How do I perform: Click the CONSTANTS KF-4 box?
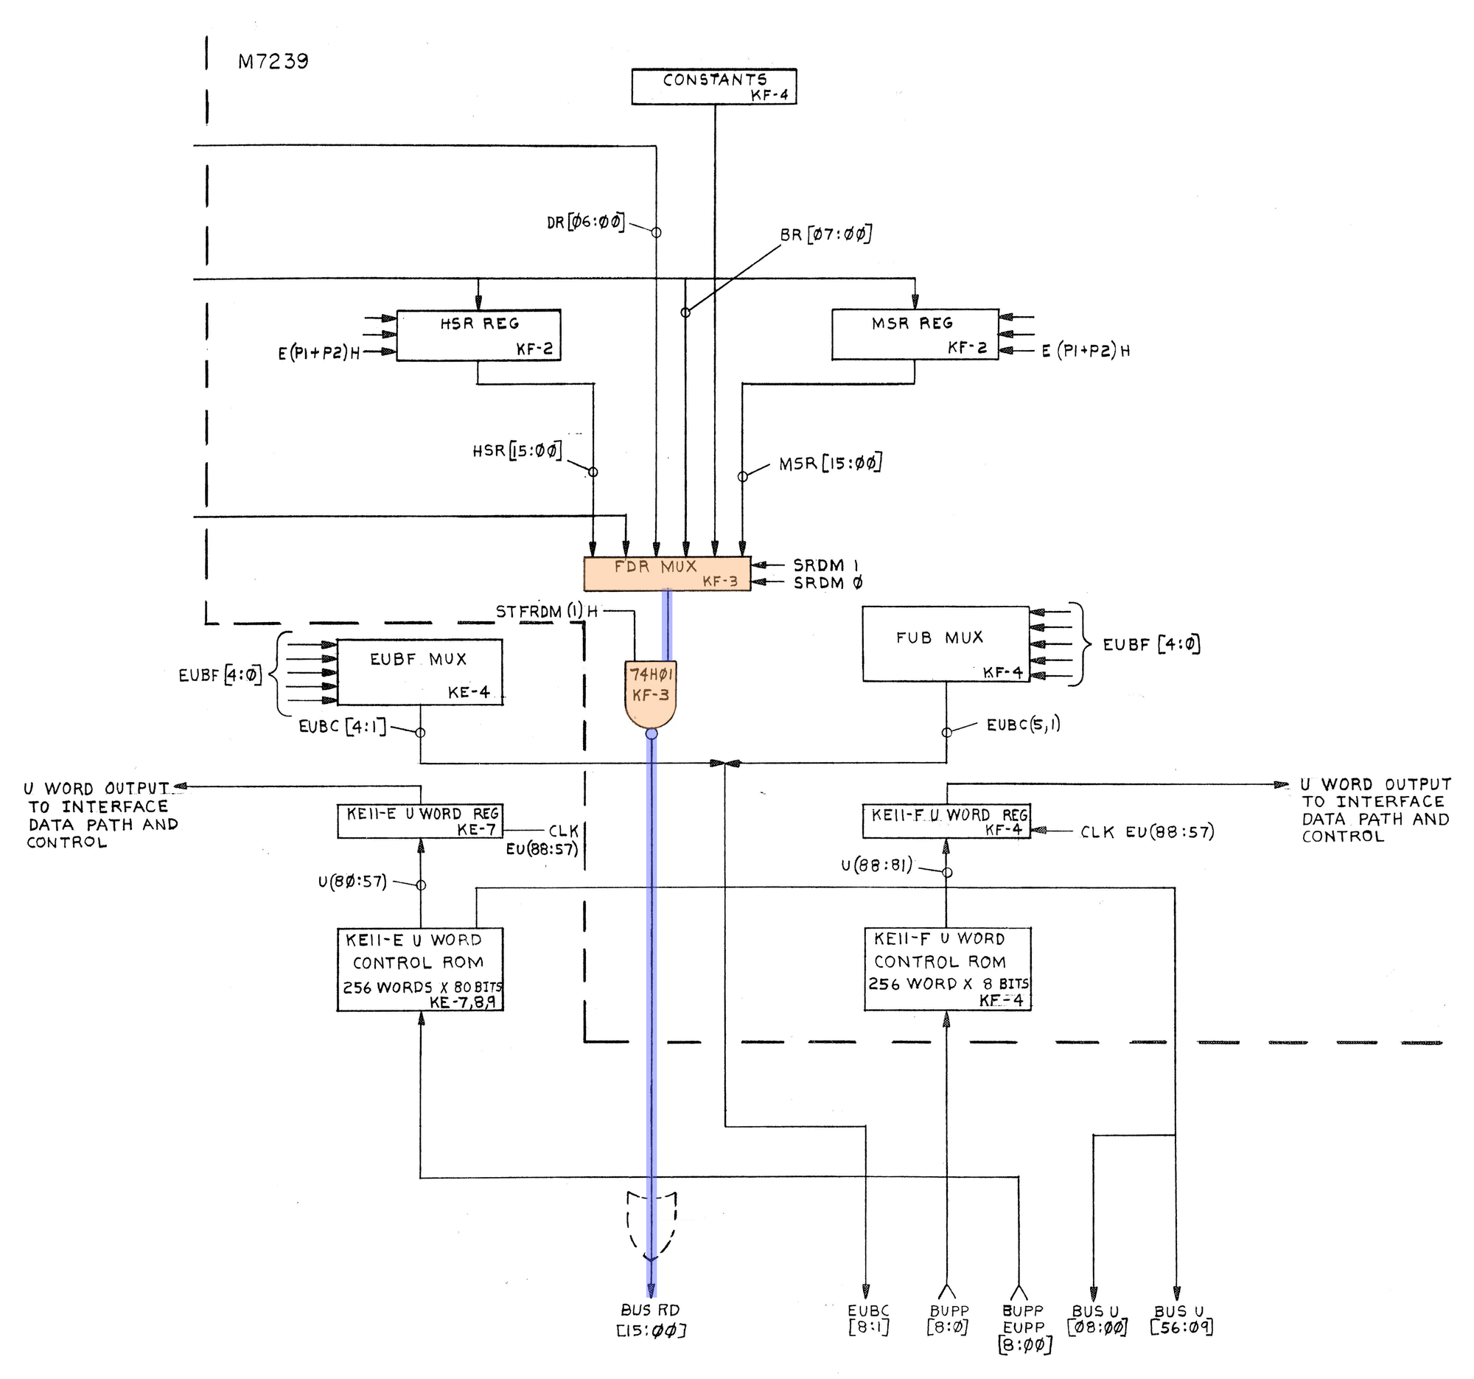point(714,87)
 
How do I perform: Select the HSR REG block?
point(478,335)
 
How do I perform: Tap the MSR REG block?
point(915,335)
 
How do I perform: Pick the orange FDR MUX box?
point(667,574)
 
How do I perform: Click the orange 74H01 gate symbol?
point(651,694)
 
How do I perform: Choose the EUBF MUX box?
point(419,672)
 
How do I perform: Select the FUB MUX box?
point(946,644)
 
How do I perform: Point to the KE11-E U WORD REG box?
point(419,822)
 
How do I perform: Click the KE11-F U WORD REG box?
point(946,822)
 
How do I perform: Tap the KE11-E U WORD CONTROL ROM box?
point(419,970)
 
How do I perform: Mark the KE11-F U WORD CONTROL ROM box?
point(948,968)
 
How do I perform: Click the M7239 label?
point(273,61)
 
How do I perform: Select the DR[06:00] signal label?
point(586,222)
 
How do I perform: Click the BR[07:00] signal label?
point(825,235)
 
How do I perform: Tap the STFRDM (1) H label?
point(547,612)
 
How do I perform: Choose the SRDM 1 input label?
point(826,566)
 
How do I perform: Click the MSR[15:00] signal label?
point(831,465)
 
